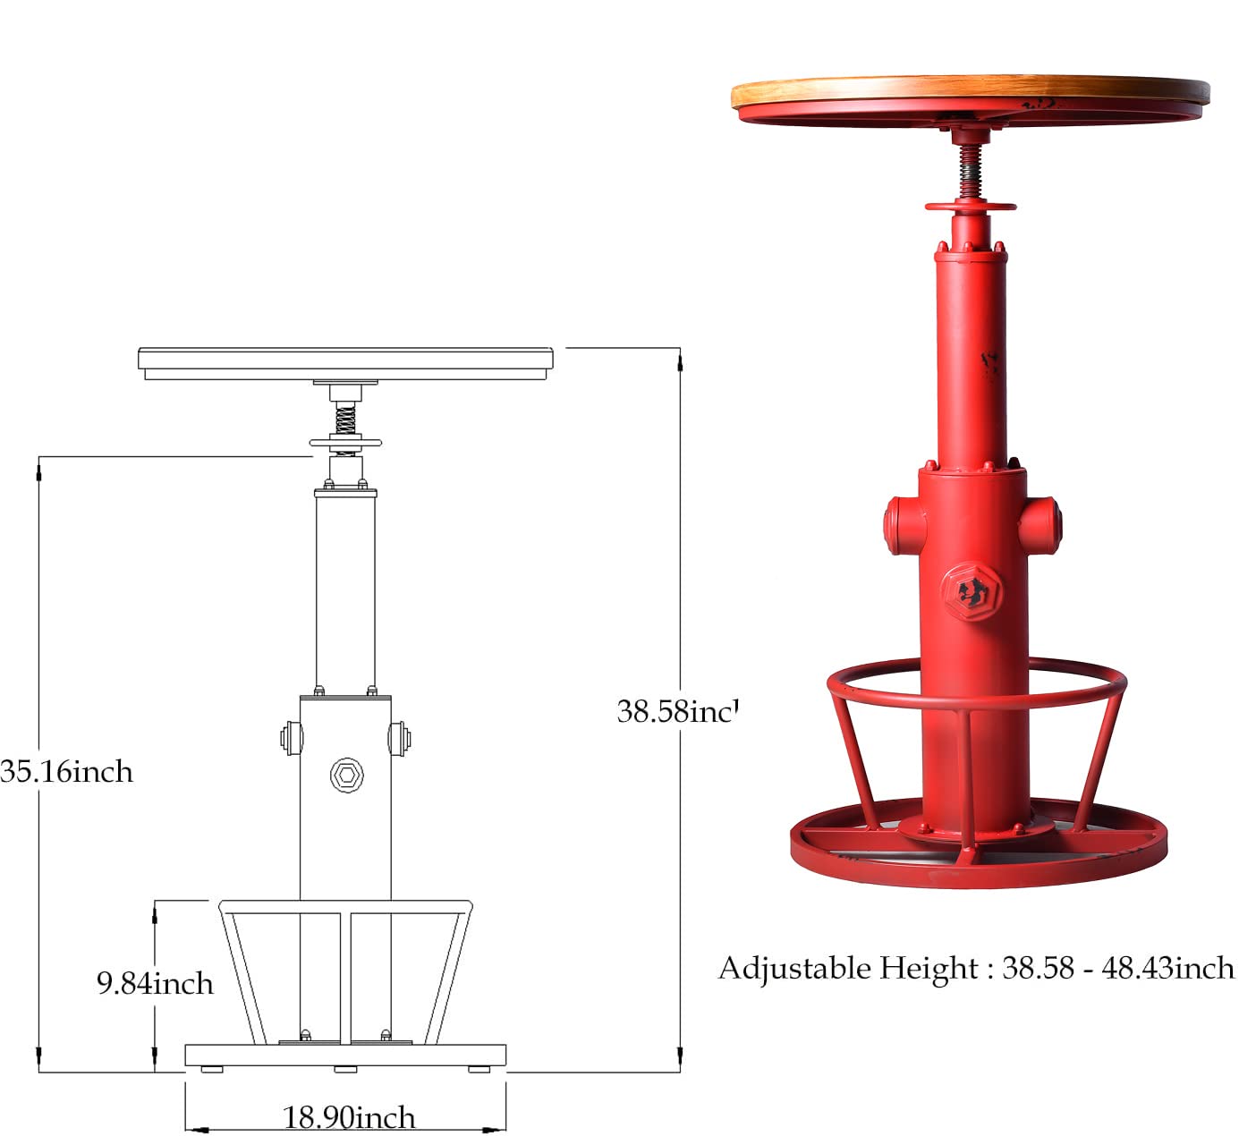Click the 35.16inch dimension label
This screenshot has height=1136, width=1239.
(66, 771)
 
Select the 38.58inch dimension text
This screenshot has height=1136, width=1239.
(677, 711)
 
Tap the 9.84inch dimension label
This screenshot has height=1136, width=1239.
(155, 983)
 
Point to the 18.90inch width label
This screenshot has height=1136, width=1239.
(349, 1117)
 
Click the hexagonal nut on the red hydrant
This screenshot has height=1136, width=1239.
(971, 592)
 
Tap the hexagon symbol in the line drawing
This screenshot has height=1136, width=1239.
(346, 775)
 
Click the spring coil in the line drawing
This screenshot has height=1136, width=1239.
(345, 419)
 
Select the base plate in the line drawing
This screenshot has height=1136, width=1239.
(345, 1055)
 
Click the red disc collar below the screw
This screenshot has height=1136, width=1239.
(971, 207)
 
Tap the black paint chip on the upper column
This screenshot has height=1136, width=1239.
(989, 365)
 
